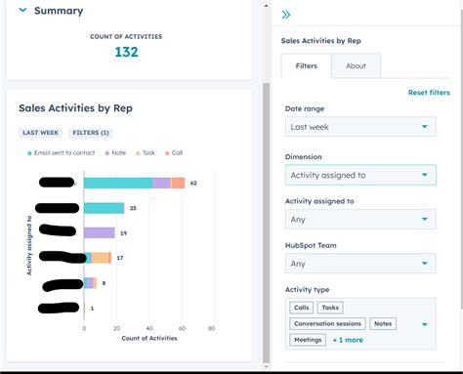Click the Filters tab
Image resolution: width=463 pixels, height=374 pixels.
(306, 66)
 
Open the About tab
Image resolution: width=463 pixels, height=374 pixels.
(356, 66)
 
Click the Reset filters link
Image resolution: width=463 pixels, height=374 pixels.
(429, 93)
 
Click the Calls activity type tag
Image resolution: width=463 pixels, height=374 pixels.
(301, 308)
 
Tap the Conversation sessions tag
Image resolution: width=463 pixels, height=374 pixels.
(327, 323)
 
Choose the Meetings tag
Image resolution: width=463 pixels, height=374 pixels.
(308, 340)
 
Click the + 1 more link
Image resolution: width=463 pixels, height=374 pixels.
(348, 340)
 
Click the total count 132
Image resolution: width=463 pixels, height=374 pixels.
(126, 53)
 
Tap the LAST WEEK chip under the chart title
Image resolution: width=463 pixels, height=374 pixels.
(41, 133)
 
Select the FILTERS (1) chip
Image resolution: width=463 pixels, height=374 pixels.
(91, 133)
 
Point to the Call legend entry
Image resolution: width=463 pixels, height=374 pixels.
(174, 153)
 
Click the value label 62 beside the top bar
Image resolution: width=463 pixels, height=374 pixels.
(193, 183)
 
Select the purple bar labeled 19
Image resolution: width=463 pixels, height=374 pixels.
(100, 232)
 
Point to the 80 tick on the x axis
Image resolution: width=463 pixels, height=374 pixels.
(211, 329)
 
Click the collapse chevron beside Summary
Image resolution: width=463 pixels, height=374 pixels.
(22, 11)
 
